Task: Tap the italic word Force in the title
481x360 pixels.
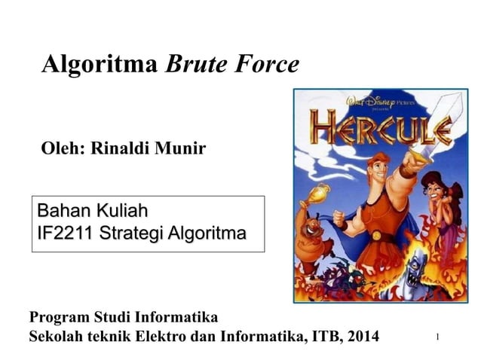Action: pos(265,65)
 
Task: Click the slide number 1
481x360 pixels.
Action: pos(437,337)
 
